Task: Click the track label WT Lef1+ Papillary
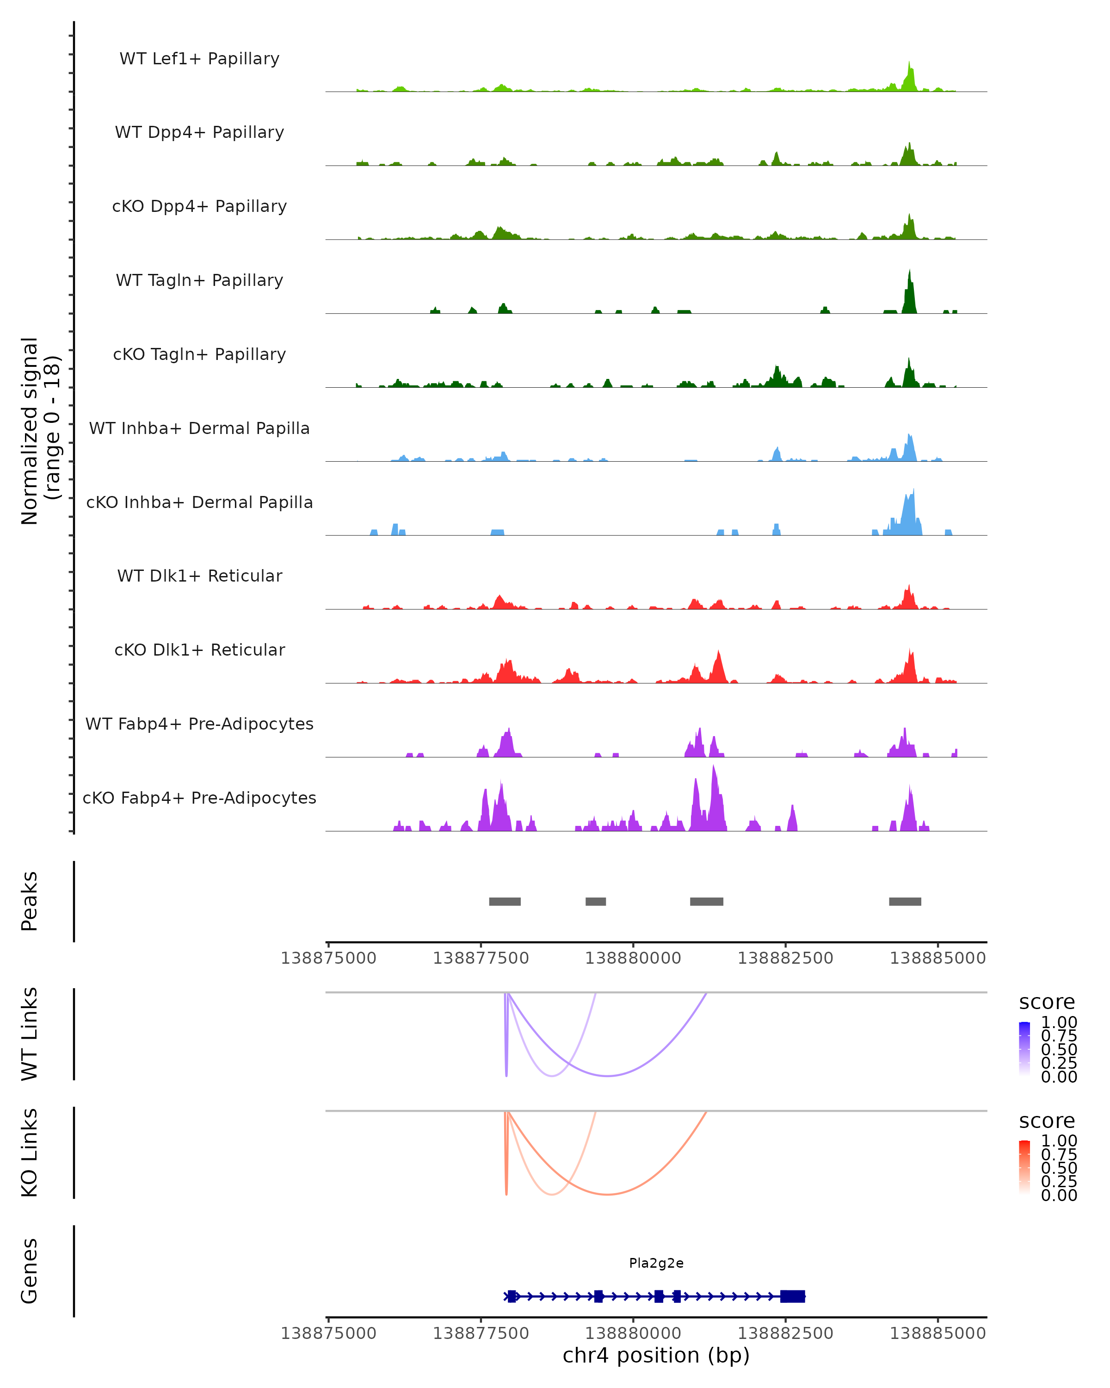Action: click(199, 59)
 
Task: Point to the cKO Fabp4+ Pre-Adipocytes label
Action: click(199, 798)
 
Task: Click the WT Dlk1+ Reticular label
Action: click(199, 576)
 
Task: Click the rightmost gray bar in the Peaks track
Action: click(905, 901)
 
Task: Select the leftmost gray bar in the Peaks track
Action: click(505, 901)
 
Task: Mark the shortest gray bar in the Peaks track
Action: click(595, 901)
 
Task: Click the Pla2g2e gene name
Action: click(656, 1263)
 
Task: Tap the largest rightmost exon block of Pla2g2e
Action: click(792, 1296)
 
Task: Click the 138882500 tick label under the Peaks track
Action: click(785, 958)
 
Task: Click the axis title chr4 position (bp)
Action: click(656, 1356)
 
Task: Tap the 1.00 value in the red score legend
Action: click(1059, 1141)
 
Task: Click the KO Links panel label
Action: click(29, 1153)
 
